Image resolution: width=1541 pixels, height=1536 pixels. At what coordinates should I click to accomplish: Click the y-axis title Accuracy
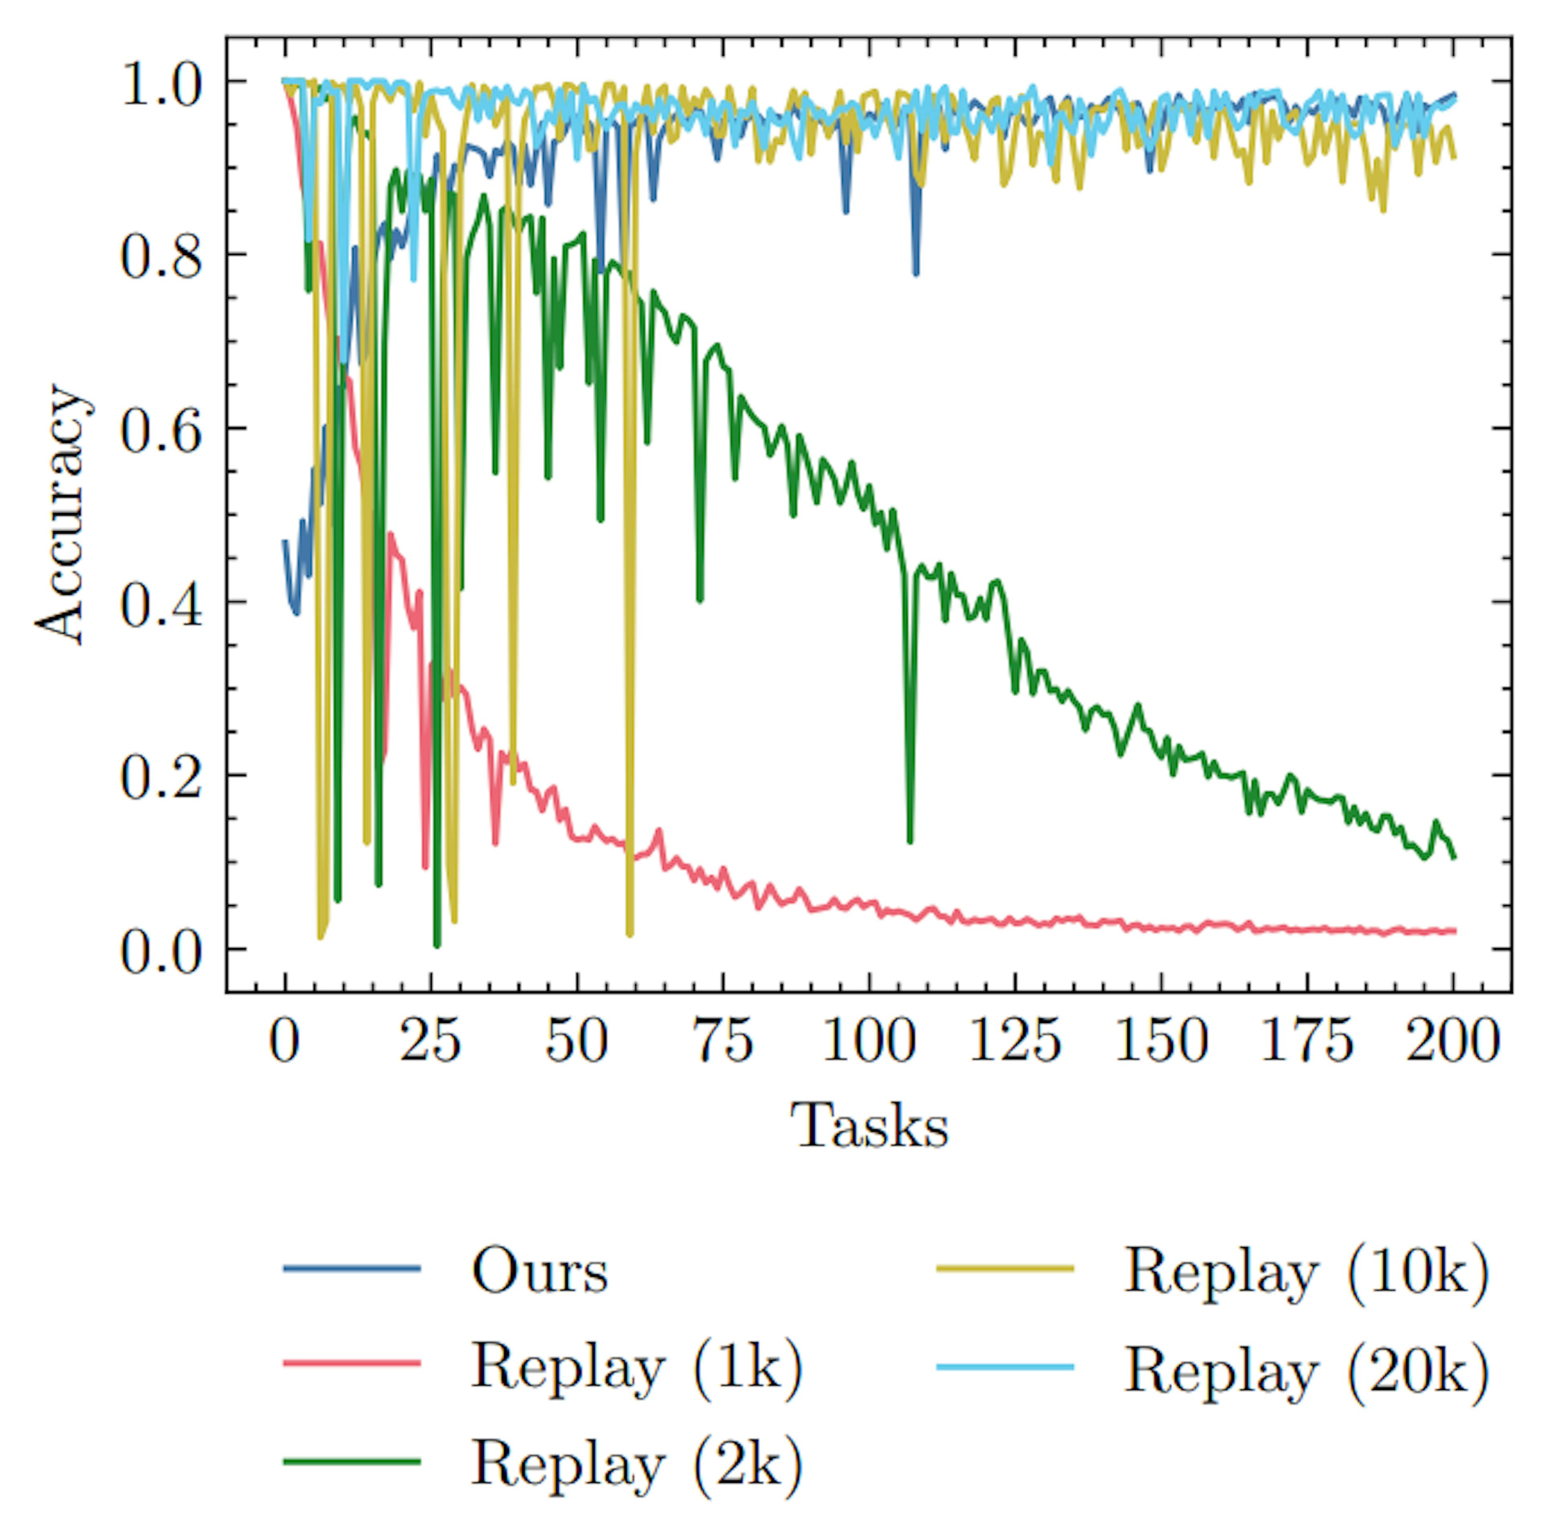pyautogui.click(x=60, y=514)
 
